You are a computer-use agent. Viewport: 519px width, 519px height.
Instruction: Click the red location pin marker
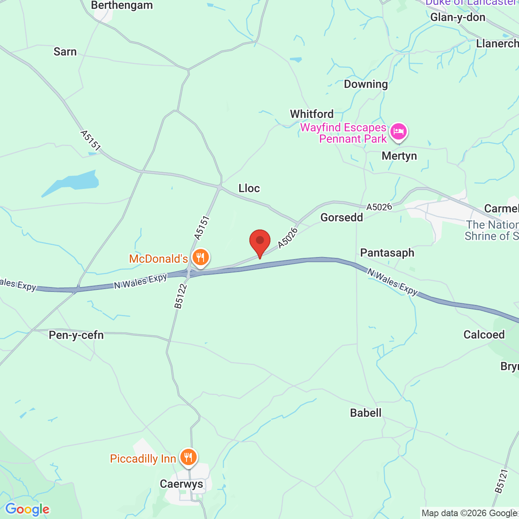click(260, 242)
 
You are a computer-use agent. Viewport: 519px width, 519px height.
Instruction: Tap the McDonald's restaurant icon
click(200, 257)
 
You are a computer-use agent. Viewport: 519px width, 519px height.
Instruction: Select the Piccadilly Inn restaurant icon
click(188, 457)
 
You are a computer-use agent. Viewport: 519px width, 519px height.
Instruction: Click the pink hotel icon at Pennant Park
click(399, 132)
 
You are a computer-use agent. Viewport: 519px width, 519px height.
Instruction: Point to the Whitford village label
click(312, 114)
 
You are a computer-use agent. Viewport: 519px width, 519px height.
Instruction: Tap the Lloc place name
click(249, 188)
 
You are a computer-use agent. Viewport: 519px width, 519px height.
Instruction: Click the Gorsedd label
click(342, 217)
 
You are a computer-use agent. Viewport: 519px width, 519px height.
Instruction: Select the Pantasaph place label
click(387, 253)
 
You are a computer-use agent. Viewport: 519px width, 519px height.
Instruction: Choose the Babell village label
click(366, 413)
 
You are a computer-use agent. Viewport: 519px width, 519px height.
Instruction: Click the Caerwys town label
click(181, 484)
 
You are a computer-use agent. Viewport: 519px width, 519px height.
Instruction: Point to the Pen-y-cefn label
click(76, 335)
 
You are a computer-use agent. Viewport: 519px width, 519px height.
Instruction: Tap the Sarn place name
click(65, 51)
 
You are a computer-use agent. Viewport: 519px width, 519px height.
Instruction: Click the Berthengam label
click(122, 6)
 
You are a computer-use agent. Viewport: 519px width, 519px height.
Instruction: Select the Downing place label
click(366, 84)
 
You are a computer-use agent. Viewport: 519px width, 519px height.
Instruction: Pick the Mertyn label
click(399, 156)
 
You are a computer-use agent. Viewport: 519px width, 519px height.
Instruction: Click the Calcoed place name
click(484, 335)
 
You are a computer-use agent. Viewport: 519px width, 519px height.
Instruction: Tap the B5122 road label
click(181, 296)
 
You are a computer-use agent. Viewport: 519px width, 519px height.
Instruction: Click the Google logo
click(28, 509)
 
